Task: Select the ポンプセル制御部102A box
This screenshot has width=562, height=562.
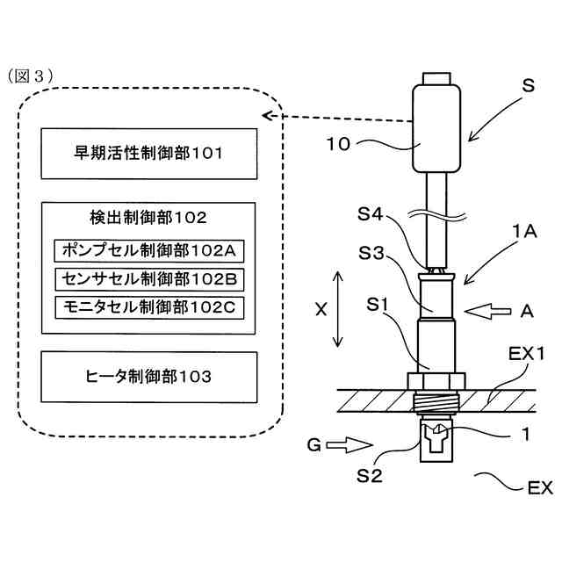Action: click(148, 250)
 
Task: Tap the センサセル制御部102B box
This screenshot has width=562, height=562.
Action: click(148, 278)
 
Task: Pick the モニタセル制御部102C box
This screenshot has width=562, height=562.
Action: click(148, 306)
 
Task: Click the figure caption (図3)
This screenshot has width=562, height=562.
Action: click(33, 76)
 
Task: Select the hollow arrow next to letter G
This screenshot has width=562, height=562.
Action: click(343, 446)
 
